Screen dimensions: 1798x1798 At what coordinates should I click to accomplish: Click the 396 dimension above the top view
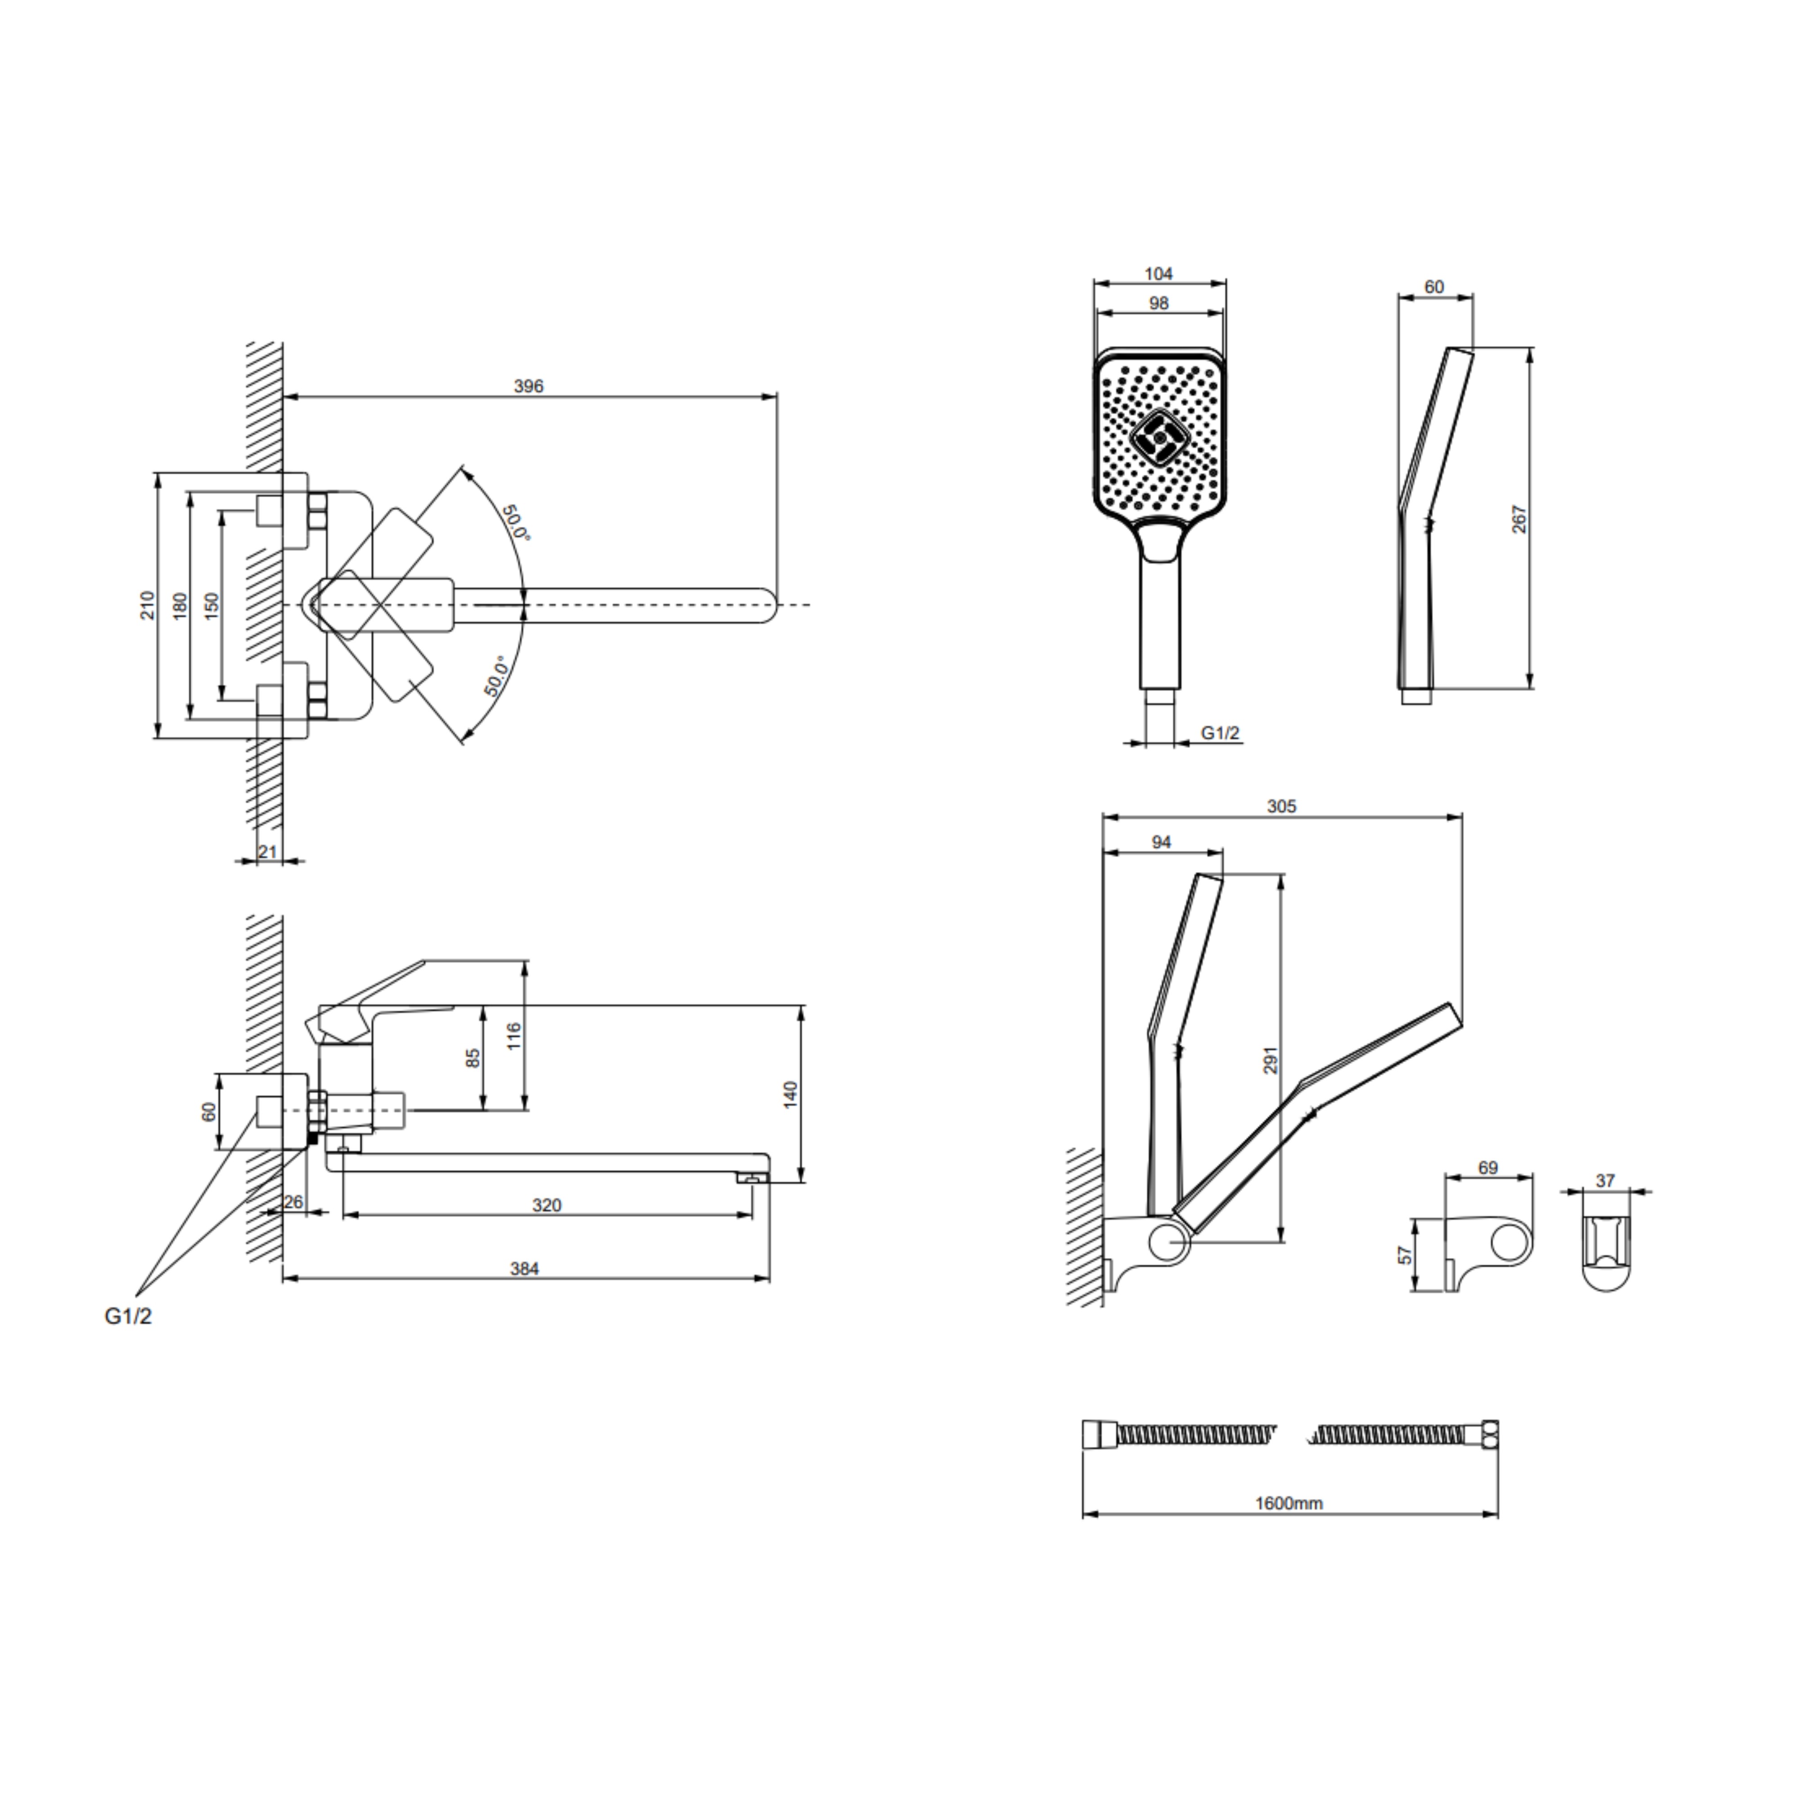pos(529,386)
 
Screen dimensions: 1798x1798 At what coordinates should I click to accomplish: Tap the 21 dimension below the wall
pos(268,851)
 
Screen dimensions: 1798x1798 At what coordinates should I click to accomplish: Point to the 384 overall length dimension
pos(525,1268)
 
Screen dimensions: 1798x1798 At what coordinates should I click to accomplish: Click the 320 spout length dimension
pos(547,1205)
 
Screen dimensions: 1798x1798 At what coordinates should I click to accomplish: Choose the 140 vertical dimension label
pos(791,1095)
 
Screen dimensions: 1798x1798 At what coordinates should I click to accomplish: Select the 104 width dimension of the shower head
pos(1159,274)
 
